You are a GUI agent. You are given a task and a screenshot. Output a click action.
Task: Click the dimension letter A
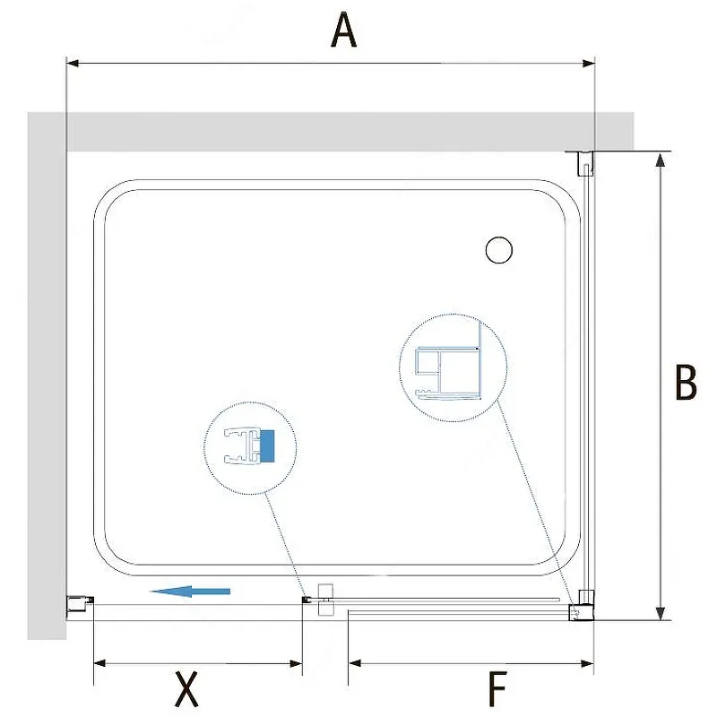click(343, 30)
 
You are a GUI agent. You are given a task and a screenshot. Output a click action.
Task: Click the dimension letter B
click(686, 382)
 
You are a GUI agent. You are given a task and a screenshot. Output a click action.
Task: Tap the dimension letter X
click(186, 688)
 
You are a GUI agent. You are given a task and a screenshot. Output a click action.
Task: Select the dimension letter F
click(497, 688)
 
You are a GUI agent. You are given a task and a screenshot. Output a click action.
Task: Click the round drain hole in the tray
click(499, 250)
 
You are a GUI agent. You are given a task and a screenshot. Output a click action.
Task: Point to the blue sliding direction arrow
click(190, 592)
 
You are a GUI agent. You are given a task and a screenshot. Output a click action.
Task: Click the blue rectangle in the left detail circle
click(266, 445)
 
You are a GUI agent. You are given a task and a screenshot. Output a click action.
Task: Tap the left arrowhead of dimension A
click(73, 63)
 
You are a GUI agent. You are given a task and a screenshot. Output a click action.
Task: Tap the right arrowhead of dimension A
click(588, 63)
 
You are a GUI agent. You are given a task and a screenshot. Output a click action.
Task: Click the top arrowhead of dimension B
click(660, 160)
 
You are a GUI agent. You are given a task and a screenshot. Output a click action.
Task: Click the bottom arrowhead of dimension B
click(660, 613)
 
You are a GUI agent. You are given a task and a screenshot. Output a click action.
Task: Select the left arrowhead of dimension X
click(100, 663)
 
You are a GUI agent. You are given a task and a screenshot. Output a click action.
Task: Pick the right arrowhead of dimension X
click(296, 663)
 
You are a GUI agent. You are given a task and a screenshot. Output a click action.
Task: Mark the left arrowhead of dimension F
click(355, 663)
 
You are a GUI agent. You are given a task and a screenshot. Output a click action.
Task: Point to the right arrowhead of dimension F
click(587, 663)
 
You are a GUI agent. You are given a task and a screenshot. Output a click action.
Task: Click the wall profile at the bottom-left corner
click(81, 603)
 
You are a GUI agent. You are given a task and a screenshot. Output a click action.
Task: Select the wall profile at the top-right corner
click(586, 164)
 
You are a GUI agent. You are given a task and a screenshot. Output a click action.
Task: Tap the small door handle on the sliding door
click(325, 600)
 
